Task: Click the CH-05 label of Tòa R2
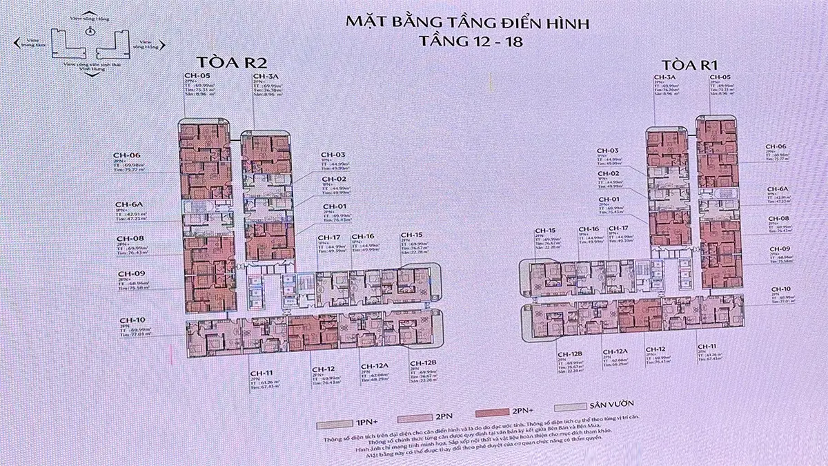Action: pos(197,76)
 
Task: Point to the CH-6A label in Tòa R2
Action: pos(128,204)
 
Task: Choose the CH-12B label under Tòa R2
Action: pos(423,363)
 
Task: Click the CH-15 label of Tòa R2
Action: pos(412,235)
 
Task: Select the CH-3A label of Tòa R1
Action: pos(664,77)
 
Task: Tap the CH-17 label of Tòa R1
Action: pos(618,229)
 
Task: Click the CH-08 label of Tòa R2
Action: pos(130,238)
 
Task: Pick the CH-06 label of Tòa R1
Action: pos(776,147)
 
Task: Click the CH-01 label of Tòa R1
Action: pos(608,200)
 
